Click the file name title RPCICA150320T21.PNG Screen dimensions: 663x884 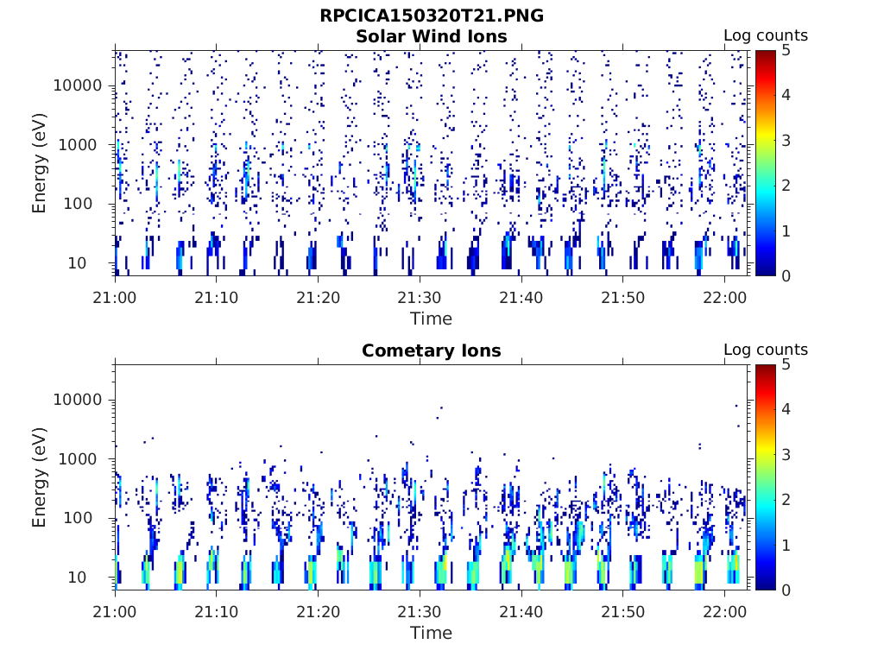click(431, 16)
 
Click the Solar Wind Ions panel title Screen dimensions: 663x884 click(431, 36)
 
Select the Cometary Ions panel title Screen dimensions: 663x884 click(431, 350)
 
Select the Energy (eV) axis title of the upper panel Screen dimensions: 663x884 click(40, 163)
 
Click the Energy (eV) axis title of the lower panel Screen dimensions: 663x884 click(40, 477)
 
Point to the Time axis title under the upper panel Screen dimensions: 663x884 click(431, 319)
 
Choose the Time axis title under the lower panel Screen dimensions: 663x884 click(431, 633)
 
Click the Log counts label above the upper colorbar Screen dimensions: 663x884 click(765, 36)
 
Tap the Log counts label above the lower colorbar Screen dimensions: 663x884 click(765, 350)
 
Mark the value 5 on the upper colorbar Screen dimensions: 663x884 click(786, 50)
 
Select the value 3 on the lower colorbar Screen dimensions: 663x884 click(786, 455)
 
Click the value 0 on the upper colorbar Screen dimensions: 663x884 click(786, 275)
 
